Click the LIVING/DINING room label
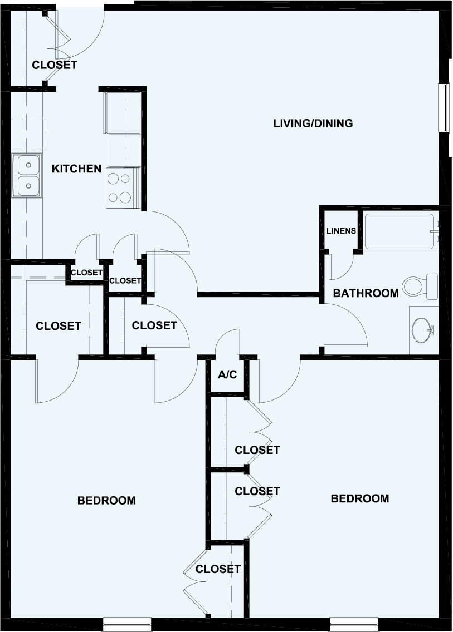click(x=313, y=124)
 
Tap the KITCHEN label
click(x=76, y=169)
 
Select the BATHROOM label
click(x=366, y=293)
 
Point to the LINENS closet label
click(x=340, y=230)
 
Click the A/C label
click(x=227, y=375)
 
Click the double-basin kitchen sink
click(x=26, y=176)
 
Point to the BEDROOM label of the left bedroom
click(x=106, y=501)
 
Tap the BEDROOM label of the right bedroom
click(x=360, y=498)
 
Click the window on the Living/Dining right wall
click(x=444, y=108)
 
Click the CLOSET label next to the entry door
click(x=54, y=65)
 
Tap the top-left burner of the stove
click(x=113, y=179)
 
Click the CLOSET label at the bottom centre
click(x=218, y=569)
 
